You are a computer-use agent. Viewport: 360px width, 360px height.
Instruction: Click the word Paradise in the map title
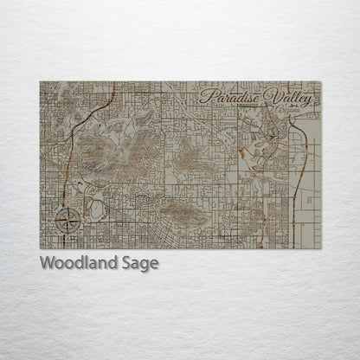[230, 96]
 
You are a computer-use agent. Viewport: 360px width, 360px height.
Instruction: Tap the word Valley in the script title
[288, 96]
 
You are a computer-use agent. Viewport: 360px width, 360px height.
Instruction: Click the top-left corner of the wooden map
[40, 82]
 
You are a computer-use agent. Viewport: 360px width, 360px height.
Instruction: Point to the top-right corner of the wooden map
[320, 82]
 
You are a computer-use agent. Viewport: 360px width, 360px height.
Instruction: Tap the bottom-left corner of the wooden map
[40, 248]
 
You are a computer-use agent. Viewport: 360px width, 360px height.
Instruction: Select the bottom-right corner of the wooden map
[320, 248]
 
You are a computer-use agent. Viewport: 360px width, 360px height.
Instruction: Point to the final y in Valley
[311, 98]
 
